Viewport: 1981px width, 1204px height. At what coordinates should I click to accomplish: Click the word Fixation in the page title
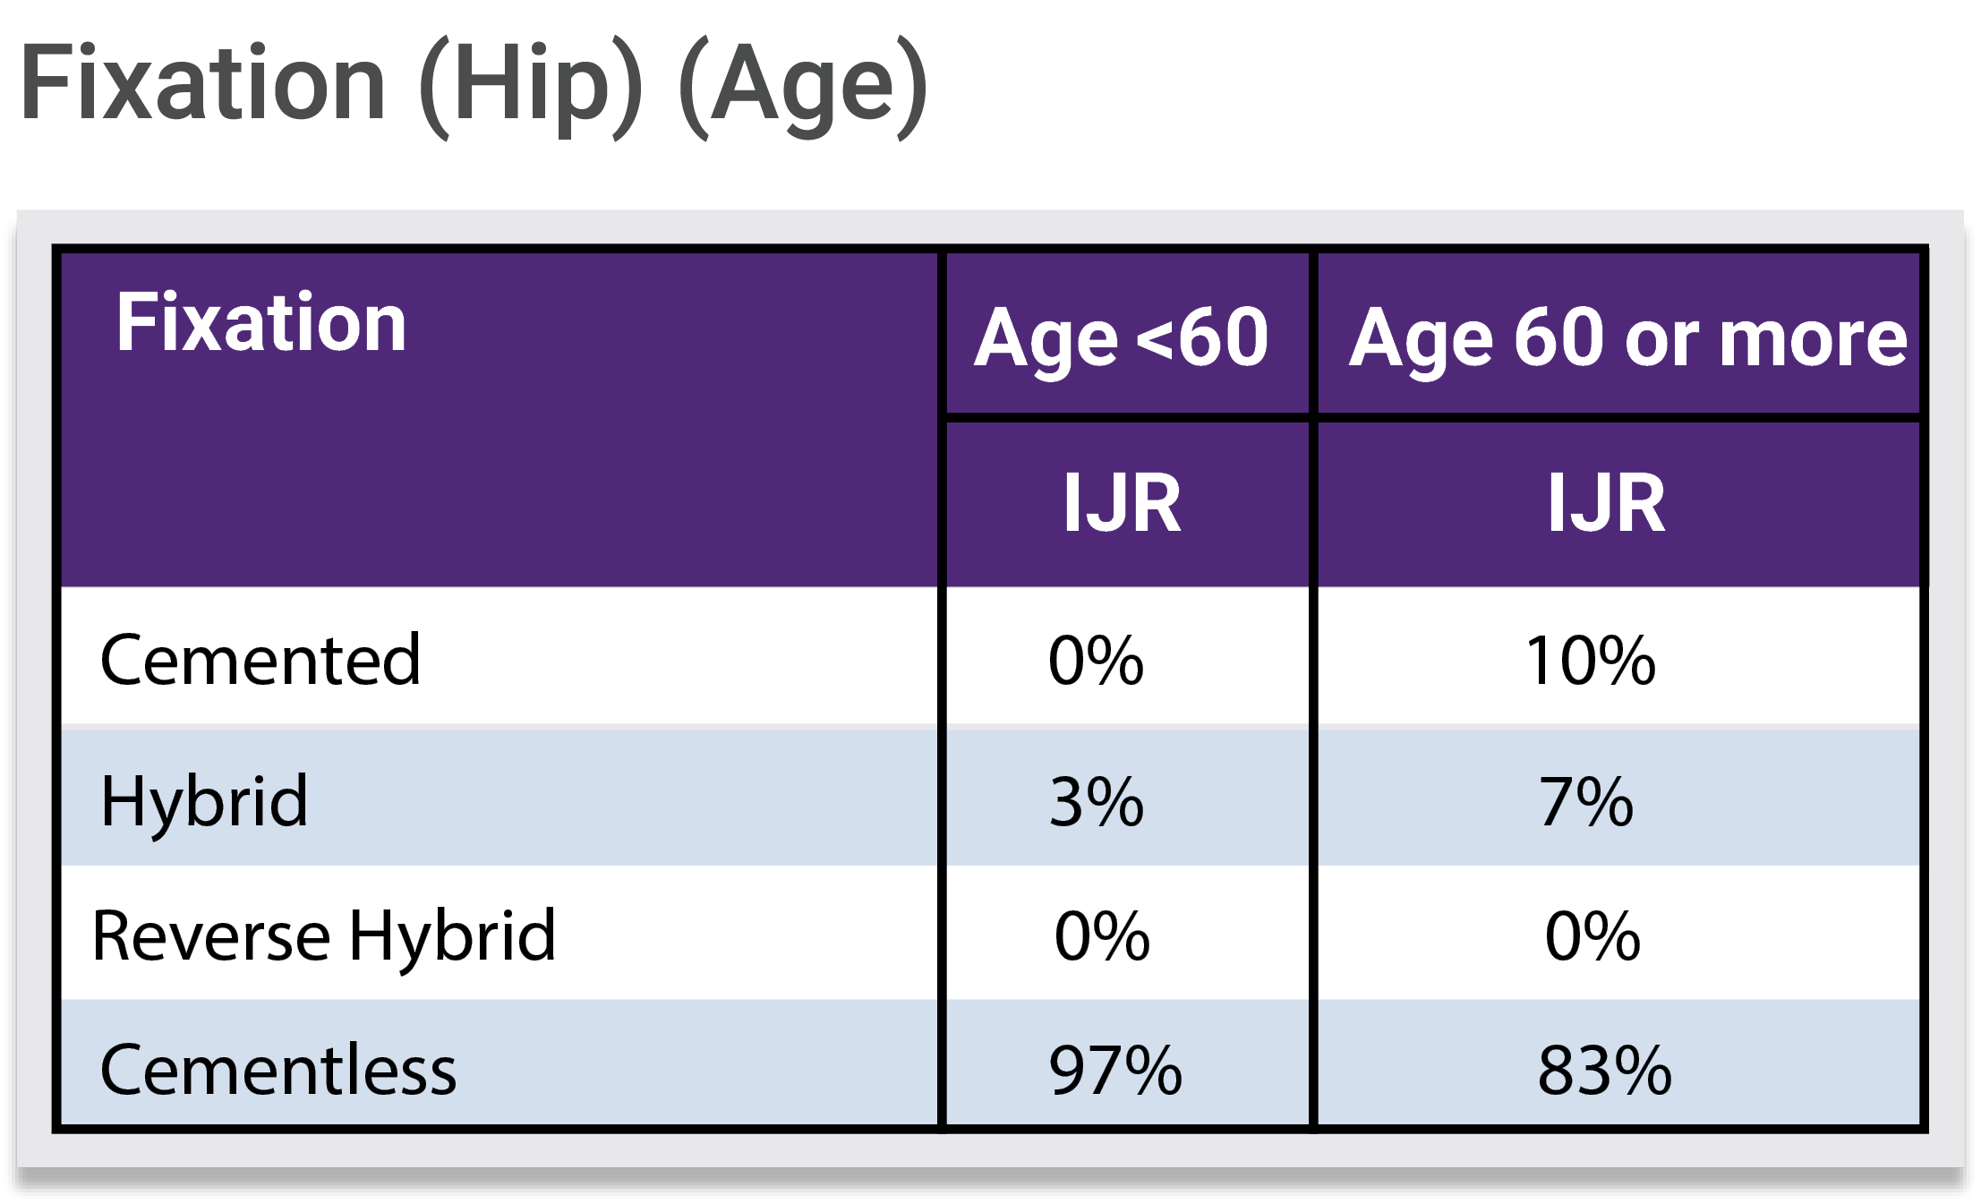click(203, 82)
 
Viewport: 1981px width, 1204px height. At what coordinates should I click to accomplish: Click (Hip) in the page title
click(530, 86)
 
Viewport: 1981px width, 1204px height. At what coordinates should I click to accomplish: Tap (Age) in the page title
click(804, 86)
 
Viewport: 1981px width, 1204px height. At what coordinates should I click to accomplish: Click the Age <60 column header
click(1122, 338)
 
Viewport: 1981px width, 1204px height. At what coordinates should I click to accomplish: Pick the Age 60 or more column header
click(1628, 338)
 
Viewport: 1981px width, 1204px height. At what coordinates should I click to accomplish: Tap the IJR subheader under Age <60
click(1122, 503)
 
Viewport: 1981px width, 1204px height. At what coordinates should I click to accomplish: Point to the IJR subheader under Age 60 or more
click(1607, 503)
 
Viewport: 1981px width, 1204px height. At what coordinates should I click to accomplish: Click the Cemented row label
click(260, 660)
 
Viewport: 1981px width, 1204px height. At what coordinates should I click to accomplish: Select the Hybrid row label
click(204, 802)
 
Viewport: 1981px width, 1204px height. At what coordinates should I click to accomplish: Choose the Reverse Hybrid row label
click(324, 937)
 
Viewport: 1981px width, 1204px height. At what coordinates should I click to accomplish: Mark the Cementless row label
click(278, 1070)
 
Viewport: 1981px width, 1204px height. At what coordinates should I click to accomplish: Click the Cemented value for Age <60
click(1097, 661)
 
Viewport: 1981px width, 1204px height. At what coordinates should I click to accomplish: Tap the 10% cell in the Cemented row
click(1592, 661)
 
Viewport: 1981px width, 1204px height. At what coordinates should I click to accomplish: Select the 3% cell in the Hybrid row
click(1097, 802)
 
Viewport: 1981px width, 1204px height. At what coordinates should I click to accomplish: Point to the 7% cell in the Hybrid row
click(1586, 802)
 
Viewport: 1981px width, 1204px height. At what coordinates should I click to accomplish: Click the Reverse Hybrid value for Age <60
click(1103, 936)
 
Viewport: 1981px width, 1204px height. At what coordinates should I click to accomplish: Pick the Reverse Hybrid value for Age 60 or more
click(1593, 936)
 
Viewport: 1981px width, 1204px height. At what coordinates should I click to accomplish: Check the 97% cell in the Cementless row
click(1115, 1070)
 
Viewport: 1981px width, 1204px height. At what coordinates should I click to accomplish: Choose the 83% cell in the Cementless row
click(1605, 1070)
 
